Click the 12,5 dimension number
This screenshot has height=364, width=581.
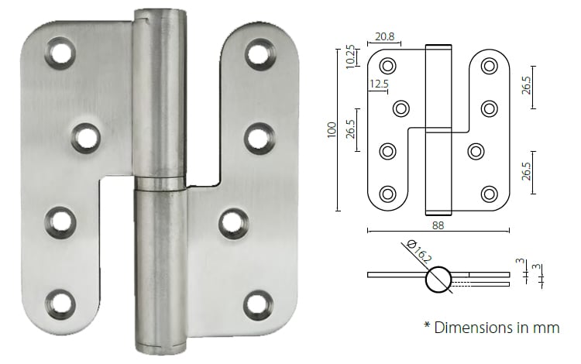click(379, 84)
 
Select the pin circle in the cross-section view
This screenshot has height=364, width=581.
click(437, 278)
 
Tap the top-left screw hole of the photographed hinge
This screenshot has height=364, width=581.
click(59, 53)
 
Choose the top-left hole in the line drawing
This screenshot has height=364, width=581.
click(387, 66)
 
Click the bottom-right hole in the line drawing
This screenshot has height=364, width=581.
click(488, 194)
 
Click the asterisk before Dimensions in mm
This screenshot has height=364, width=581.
click(427, 326)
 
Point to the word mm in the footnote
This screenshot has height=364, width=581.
click(546, 328)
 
